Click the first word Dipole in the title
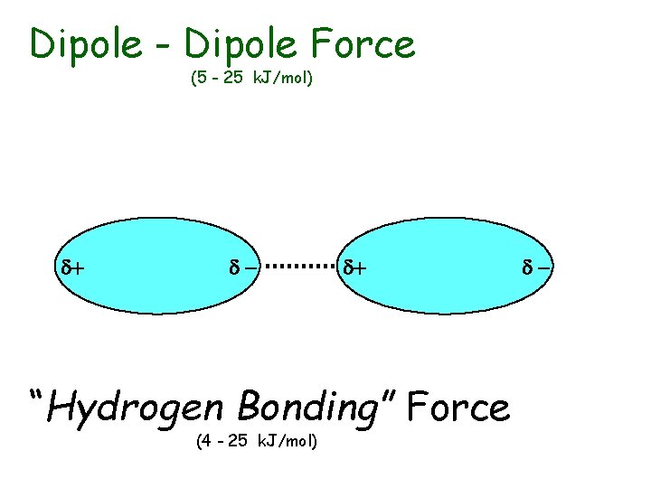(x=86, y=43)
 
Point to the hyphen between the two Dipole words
(x=164, y=45)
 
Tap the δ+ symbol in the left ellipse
(x=72, y=267)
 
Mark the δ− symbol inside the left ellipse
(x=242, y=267)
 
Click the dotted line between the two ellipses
(x=302, y=267)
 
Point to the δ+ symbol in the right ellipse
(x=355, y=267)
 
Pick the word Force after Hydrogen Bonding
(x=458, y=408)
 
